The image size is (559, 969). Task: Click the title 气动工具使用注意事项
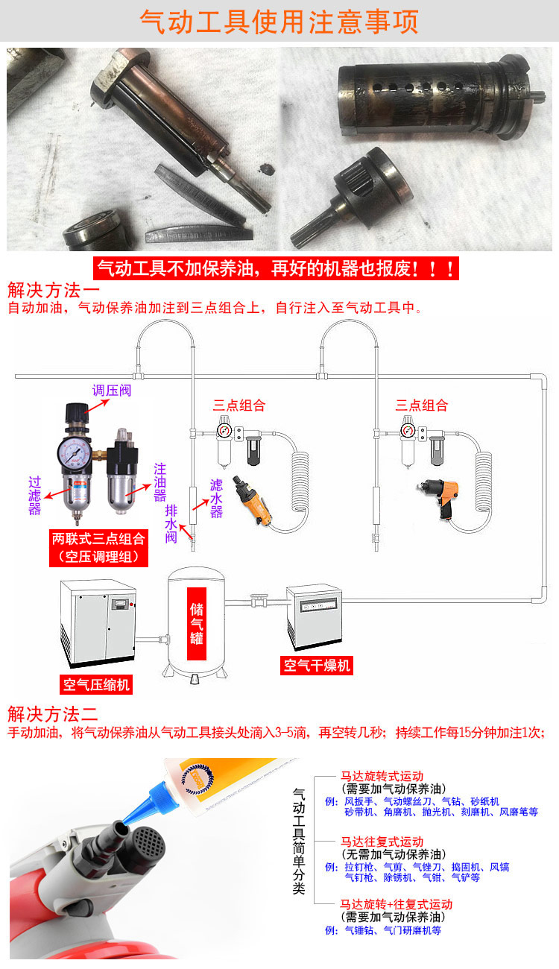pyautogui.click(x=279, y=21)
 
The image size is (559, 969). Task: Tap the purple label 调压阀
pyautogui.click(x=112, y=391)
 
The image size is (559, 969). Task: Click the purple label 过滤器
pyautogui.click(x=34, y=496)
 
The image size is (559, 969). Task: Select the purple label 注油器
pyautogui.click(x=160, y=482)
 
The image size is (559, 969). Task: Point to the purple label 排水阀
pyautogui.click(x=171, y=524)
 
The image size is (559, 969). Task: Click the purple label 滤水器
pyautogui.click(x=216, y=499)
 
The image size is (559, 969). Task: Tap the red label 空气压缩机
pyautogui.click(x=96, y=685)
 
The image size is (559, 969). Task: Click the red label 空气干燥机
pyautogui.click(x=317, y=666)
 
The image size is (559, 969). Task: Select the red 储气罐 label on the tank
pyautogui.click(x=197, y=624)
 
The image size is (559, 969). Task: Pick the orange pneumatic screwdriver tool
pyautogui.click(x=253, y=501)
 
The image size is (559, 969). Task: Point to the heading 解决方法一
pyautogui.click(x=54, y=290)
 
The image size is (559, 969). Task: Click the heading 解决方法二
pyautogui.click(x=53, y=714)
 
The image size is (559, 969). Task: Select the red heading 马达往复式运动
pyautogui.click(x=382, y=842)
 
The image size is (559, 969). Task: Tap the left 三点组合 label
pyautogui.click(x=239, y=405)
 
